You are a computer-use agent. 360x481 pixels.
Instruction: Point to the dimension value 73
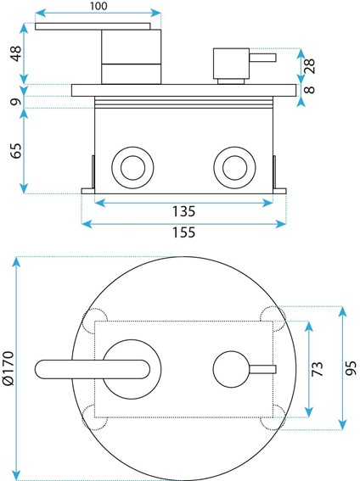point(318,368)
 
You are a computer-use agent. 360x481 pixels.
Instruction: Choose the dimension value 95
point(351,367)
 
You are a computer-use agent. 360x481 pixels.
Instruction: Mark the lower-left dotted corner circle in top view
point(94,417)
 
